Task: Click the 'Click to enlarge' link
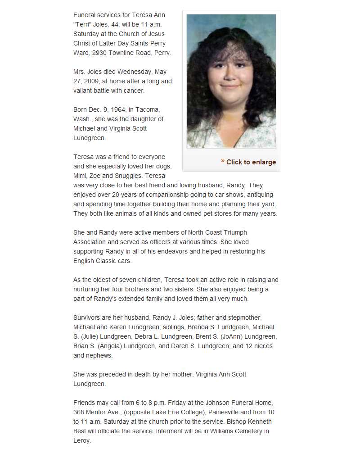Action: (251, 162)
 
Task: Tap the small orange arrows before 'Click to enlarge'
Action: (223, 161)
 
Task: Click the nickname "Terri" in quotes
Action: (82, 24)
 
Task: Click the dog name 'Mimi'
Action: (80, 176)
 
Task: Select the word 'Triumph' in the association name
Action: (234, 232)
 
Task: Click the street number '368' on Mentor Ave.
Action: (79, 412)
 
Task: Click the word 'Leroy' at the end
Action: (81, 440)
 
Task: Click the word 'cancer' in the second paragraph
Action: (133, 91)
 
